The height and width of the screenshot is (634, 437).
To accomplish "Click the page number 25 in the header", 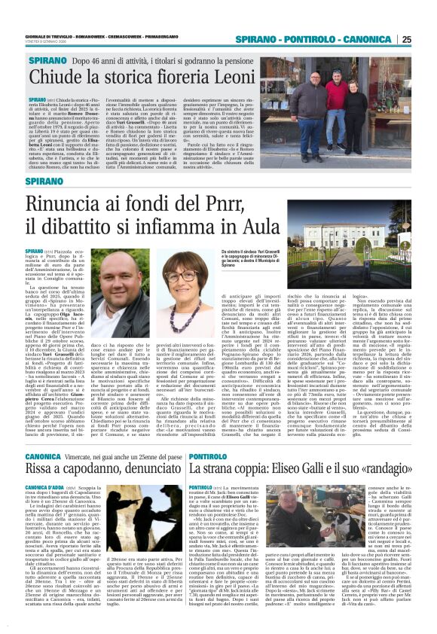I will [x=426, y=39].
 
